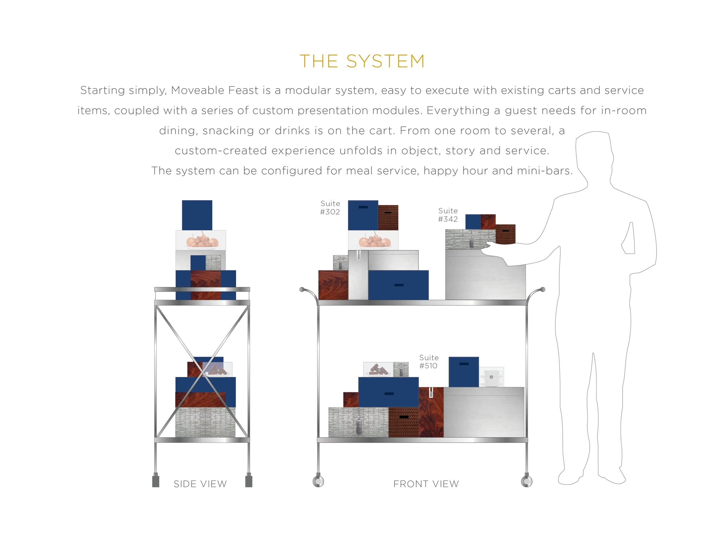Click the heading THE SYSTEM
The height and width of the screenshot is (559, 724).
362,61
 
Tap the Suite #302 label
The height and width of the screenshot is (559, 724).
330,208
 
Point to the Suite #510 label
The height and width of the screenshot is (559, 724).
429,362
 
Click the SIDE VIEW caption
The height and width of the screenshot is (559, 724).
200,484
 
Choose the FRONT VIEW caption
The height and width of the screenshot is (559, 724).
426,484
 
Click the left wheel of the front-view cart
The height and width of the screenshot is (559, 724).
318,481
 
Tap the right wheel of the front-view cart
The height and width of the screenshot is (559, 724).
526,481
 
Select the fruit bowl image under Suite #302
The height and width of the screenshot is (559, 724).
374,240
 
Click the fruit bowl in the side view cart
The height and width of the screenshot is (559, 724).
201,240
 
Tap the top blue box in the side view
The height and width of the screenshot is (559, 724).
197,215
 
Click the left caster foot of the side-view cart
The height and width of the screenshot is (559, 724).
156,481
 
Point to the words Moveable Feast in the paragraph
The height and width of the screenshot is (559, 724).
215,90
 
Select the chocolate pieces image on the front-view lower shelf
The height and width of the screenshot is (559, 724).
378,369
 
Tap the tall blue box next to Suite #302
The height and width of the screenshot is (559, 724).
363,215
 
